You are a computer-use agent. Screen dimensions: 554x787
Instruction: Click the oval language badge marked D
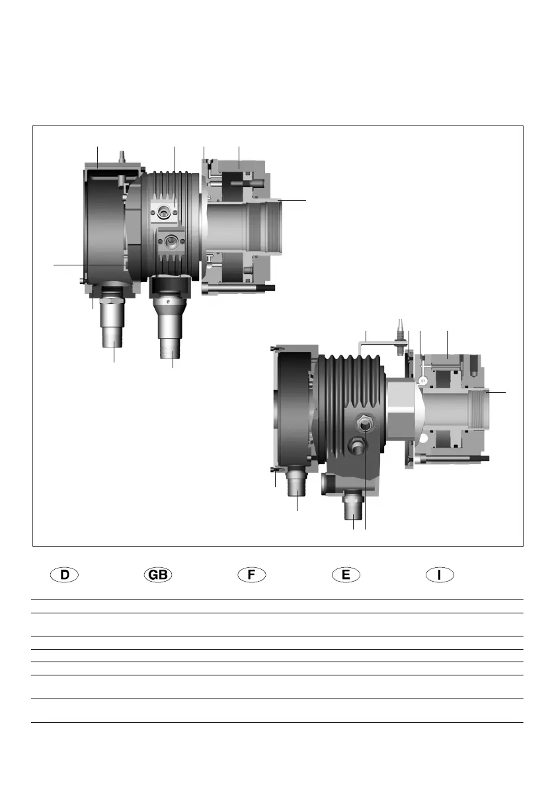coord(64,574)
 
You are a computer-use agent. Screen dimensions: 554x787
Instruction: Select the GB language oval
coord(159,574)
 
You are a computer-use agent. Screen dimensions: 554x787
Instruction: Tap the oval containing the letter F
coord(252,574)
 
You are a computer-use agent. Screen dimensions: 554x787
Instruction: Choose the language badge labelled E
coord(346,574)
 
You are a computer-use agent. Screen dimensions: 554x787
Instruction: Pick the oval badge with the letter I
coord(440,574)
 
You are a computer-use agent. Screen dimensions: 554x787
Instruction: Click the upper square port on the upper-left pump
coord(163,213)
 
